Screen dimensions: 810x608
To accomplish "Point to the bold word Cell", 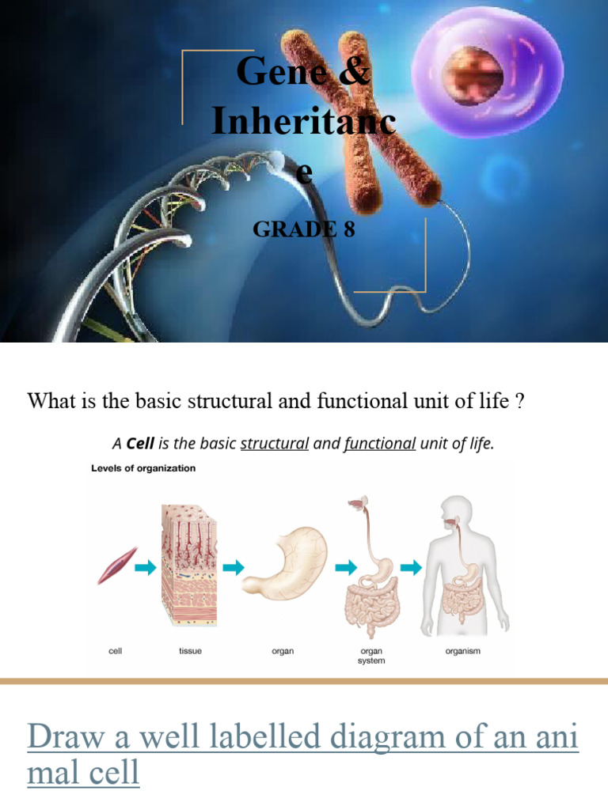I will point(140,444).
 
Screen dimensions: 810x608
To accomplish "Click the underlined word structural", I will point(274,444).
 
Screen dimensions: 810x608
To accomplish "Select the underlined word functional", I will point(379,444).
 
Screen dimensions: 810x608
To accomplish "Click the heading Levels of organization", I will point(142,468).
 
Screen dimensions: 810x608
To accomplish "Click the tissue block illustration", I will point(191,566).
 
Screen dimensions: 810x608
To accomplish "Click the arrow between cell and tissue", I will point(146,566).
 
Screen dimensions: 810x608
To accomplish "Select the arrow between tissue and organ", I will point(234,566).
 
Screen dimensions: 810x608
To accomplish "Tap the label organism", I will point(463,652).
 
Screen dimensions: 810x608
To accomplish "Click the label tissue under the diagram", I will point(191,652).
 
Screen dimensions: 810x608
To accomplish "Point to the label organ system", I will point(372,656).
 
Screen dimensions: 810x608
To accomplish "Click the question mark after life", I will point(519,402).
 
